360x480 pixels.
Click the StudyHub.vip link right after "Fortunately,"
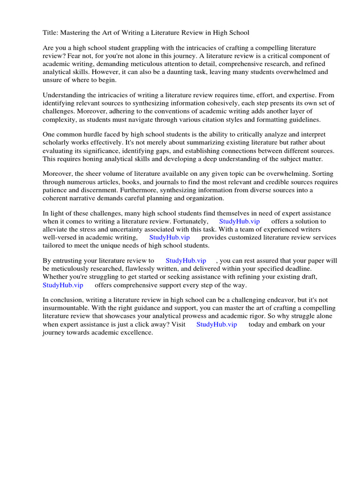[x=239, y=221]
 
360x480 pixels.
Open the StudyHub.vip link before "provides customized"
[x=169, y=237]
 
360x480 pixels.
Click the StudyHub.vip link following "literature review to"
[x=186, y=261]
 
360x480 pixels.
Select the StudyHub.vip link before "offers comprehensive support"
[x=63, y=285]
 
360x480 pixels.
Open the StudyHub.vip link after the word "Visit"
[x=217, y=324]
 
